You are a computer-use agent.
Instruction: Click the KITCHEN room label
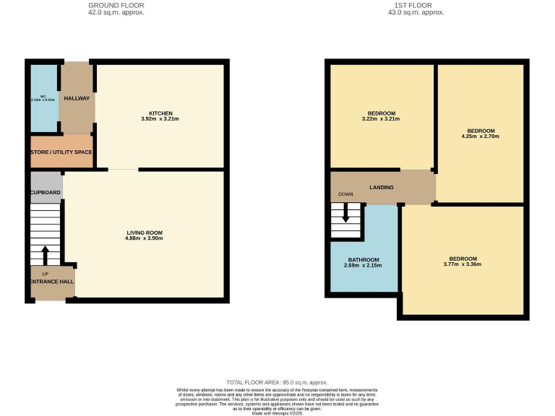160,113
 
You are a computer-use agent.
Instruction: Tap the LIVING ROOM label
145,232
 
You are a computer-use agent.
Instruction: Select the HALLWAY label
76,99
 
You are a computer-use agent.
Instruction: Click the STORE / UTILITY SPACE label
61,152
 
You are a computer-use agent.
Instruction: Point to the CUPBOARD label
46,193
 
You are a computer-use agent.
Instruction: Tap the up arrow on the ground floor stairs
45,256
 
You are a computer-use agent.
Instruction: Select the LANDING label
382,188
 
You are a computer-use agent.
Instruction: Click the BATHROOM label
363,260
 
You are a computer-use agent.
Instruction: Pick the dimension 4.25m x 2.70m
480,136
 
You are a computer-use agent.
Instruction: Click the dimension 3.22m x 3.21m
381,119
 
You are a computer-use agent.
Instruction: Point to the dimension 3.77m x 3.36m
462,264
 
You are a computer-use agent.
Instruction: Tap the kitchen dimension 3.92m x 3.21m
160,119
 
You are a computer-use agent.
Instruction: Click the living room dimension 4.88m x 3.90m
145,238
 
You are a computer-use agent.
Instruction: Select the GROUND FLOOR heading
111,5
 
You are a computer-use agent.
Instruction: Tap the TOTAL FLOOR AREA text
277,382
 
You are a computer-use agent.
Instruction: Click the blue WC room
44,99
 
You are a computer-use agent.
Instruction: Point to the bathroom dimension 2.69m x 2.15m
363,266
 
